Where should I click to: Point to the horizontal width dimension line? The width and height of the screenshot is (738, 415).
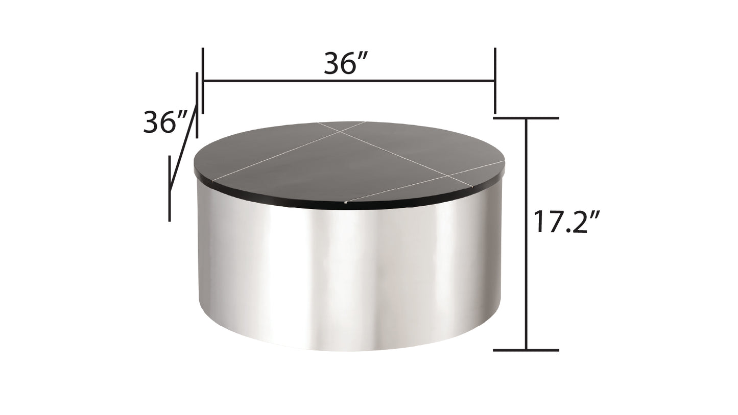348,81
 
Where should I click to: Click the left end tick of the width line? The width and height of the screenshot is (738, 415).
203,80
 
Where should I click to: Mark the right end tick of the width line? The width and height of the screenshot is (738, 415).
494,80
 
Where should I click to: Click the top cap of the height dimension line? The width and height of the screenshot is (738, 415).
526,118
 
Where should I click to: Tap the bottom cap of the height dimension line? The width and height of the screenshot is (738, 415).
526,350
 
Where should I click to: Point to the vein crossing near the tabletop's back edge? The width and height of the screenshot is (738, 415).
339,131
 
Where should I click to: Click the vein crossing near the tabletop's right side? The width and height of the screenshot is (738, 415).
449,176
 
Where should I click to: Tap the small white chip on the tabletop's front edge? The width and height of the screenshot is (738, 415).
346,202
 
